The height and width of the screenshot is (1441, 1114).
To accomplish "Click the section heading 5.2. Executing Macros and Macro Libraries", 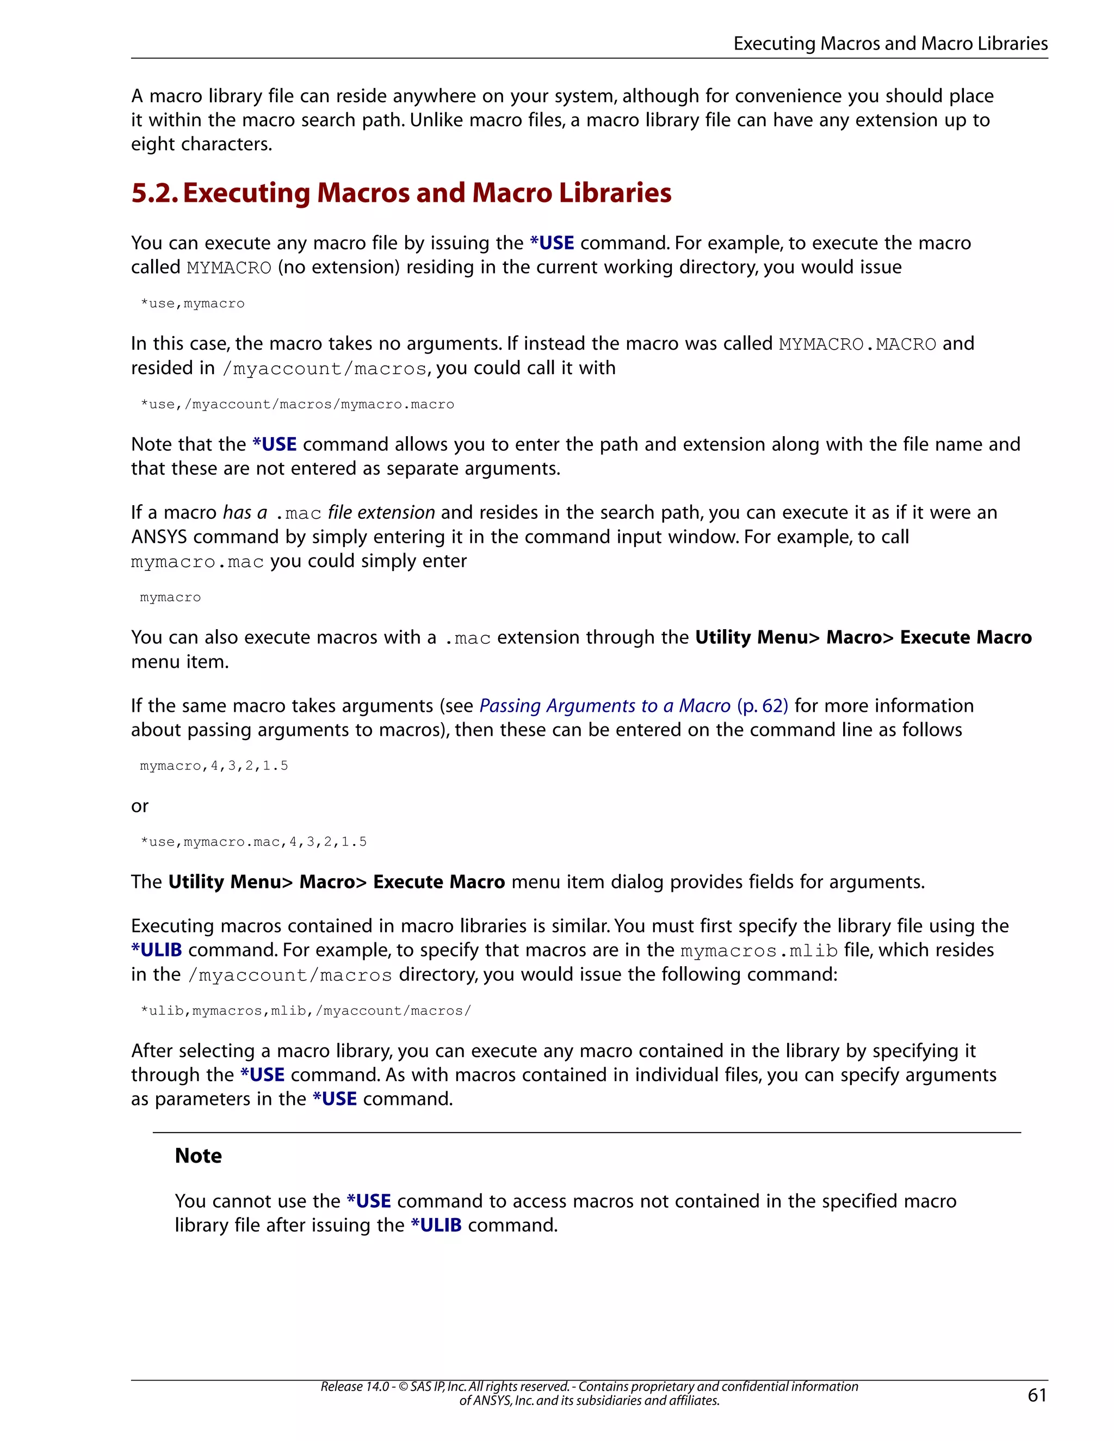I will [x=401, y=192].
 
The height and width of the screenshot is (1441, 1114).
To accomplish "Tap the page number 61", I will [x=1037, y=1395].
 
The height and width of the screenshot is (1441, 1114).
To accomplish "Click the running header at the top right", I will [x=890, y=44].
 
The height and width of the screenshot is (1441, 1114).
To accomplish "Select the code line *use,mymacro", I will [x=192, y=303].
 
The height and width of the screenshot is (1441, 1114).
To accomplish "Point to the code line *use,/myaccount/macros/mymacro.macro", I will [x=297, y=405].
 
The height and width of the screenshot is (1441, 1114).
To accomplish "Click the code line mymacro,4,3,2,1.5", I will [x=214, y=766].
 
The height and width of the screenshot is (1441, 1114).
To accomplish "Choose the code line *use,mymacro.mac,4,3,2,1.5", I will [x=253, y=842].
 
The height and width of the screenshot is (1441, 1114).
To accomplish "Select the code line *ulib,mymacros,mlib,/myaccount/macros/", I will [x=306, y=1011].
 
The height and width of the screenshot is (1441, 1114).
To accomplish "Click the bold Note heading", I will [x=198, y=1156].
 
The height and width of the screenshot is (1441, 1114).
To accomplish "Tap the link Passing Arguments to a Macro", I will [x=604, y=706].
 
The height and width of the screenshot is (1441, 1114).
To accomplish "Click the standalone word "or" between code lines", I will [x=140, y=806].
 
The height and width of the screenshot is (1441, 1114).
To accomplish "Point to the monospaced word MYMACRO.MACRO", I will [x=857, y=344].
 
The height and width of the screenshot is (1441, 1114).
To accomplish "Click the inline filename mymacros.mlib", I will [x=759, y=951].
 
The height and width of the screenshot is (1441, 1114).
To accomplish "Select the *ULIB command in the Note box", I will [x=436, y=1225].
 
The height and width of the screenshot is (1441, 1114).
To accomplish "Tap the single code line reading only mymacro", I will [x=170, y=598].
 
